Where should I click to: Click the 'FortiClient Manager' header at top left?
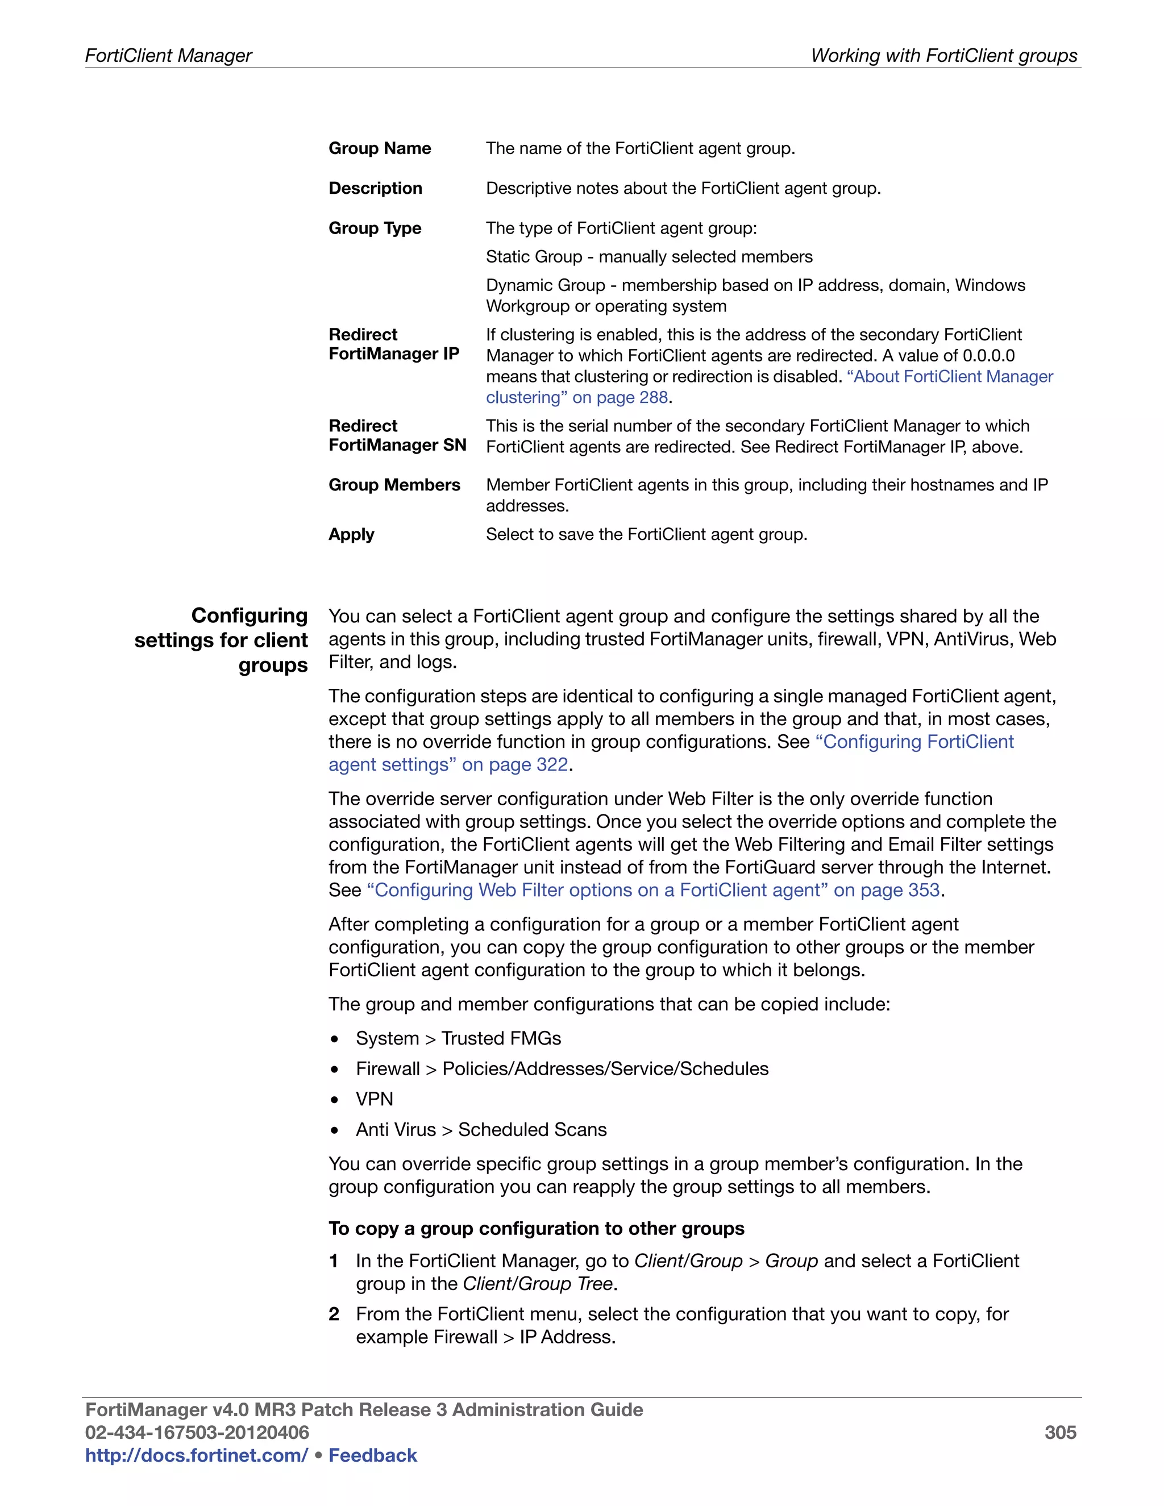(x=168, y=55)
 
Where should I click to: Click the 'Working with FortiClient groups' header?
(x=943, y=55)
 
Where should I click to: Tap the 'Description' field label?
(x=375, y=188)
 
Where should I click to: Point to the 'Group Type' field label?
(x=375, y=228)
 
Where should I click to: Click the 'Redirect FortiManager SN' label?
(x=397, y=435)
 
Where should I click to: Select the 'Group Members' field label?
(x=394, y=485)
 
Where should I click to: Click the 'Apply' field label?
(x=351, y=534)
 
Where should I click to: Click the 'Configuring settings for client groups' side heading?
(x=221, y=640)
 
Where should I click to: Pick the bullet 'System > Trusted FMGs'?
(x=458, y=1038)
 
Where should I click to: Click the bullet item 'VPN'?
(x=375, y=1099)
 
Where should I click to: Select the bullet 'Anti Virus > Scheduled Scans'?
(x=481, y=1130)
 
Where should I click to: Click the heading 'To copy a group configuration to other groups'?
(x=536, y=1228)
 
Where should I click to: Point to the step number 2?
(x=334, y=1314)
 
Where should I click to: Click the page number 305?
(x=1060, y=1432)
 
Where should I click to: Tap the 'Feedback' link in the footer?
(x=372, y=1455)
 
